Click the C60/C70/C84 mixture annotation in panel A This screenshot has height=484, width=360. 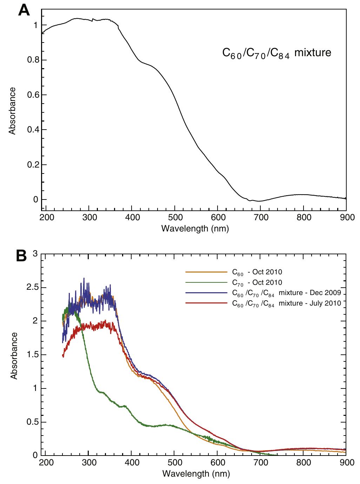(277, 53)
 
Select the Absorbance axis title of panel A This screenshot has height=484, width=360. (13, 111)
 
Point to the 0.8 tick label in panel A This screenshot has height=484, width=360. (32, 60)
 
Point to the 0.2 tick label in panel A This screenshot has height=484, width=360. (32, 165)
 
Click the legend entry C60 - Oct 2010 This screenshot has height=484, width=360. (257, 272)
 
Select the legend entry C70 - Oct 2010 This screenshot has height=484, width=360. (257, 282)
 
